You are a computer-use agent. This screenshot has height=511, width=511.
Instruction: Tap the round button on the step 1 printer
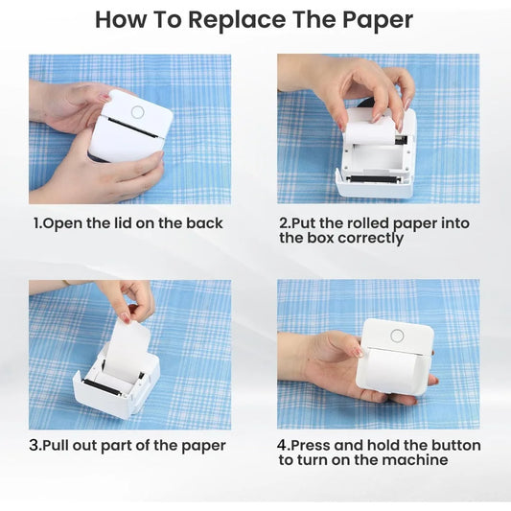click(137, 112)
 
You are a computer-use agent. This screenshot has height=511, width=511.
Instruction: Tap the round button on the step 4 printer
click(396, 336)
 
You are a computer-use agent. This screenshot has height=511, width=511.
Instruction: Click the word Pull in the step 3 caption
click(59, 446)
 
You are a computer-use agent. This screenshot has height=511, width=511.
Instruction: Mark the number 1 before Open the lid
click(37, 223)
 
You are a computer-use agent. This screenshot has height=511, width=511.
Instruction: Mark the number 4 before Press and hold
click(282, 446)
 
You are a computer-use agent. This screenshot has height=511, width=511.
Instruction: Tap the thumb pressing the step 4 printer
click(356, 348)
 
